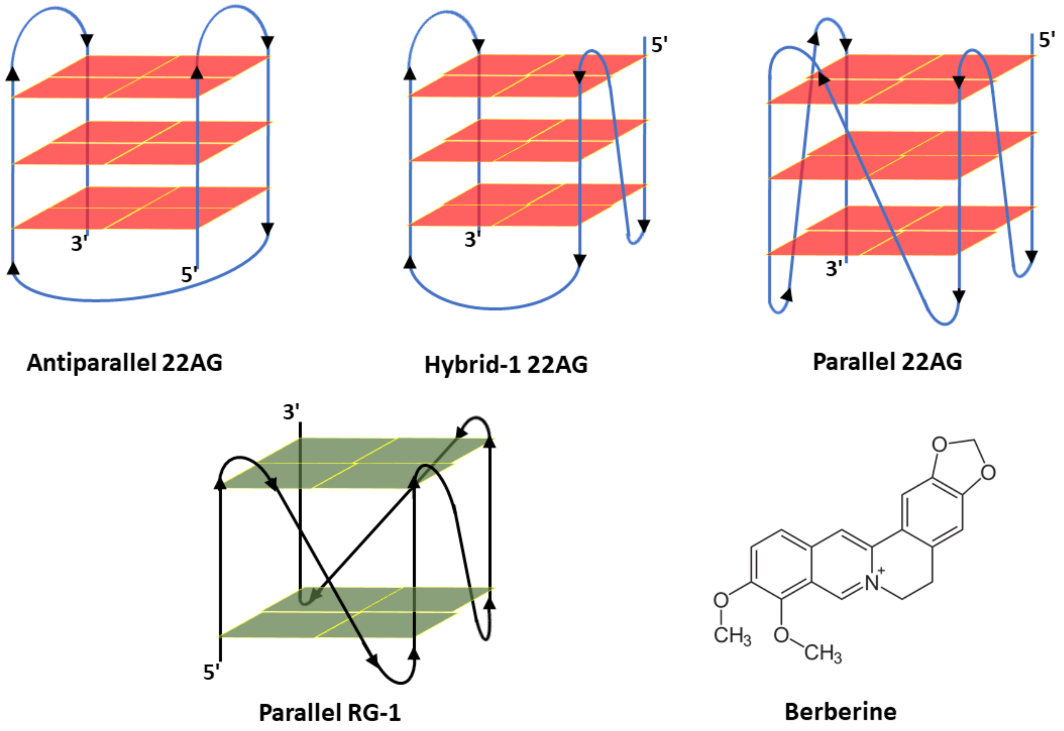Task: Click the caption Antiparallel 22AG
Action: pos(124,363)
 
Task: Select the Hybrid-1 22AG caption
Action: pos(506,365)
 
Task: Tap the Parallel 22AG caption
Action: pos(888,362)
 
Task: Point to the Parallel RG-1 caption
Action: pos(330,713)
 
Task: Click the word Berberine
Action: pos(841,712)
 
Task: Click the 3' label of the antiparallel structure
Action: pos(79,243)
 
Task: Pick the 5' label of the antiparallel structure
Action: pos(189,274)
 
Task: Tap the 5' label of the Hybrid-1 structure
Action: pos(659,45)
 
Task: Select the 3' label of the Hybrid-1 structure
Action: pos(472,239)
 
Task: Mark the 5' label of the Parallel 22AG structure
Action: pos(1047,40)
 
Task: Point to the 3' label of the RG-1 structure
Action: pos(291,412)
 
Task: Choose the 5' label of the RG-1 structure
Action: pos(211,672)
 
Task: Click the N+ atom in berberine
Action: pos(873,582)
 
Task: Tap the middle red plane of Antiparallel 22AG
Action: pos(142,143)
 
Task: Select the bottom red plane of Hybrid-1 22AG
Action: pos(527,205)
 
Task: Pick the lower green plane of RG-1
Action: pos(356,612)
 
